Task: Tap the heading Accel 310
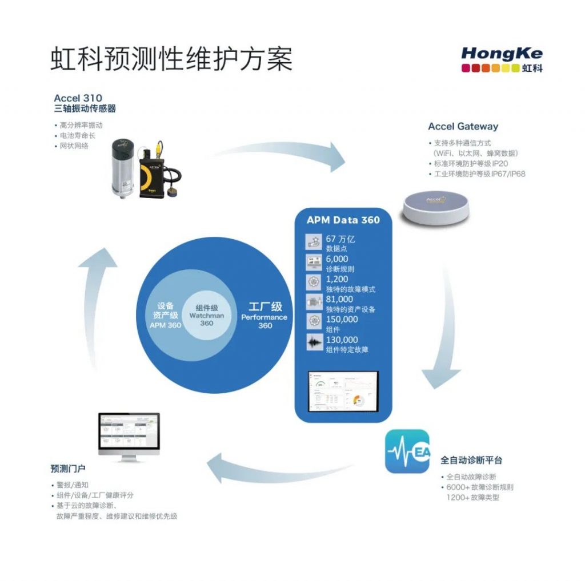click(78, 98)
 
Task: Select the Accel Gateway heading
click(463, 127)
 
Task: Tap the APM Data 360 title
click(343, 220)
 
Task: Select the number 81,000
click(339, 299)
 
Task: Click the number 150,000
click(342, 320)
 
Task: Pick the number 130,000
click(342, 340)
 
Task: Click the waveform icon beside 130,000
click(314, 344)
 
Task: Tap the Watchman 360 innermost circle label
click(206, 316)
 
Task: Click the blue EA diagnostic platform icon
click(407, 451)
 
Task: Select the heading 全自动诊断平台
click(471, 460)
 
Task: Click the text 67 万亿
click(340, 239)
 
